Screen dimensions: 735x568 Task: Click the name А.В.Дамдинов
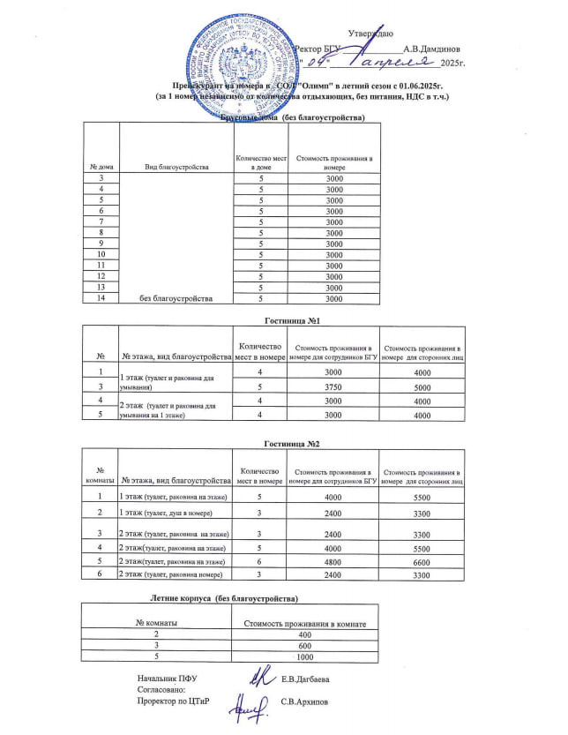[x=431, y=49]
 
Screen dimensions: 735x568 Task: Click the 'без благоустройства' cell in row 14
[x=176, y=298]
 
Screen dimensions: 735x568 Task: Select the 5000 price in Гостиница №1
[x=422, y=386]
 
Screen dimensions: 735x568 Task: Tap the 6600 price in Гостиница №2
[x=422, y=560]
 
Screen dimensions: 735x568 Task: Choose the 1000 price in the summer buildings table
[x=304, y=657]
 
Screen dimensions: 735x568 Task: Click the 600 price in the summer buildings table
[x=304, y=646]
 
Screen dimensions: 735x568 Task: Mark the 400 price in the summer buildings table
[x=304, y=634]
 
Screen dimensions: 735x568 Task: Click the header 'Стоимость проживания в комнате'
[x=304, y=623]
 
